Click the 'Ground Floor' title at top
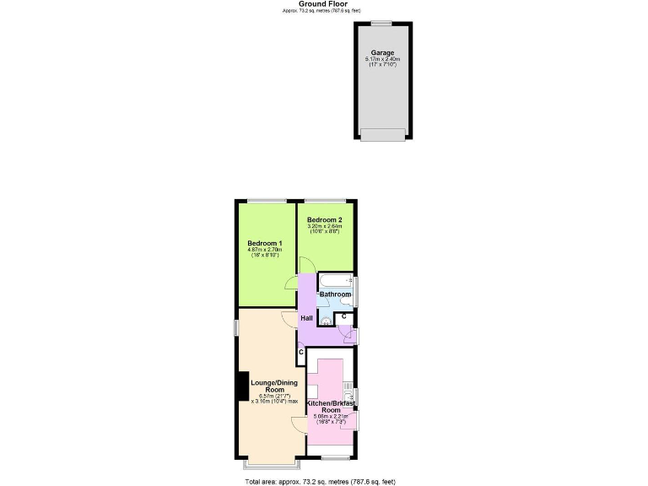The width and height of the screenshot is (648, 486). pos(324,3)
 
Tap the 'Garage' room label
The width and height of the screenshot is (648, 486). pos(382,52)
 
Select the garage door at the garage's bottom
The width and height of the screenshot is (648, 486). pos(382,134)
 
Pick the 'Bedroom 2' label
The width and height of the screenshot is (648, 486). pos(324,219)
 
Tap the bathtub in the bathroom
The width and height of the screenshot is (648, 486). pos(336,280)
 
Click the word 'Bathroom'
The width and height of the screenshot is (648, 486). pos(334,294)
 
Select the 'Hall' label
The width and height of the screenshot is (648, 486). pos(307,318)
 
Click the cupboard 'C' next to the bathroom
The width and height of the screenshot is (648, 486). pos(343,316)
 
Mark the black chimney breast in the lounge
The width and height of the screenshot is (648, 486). pos(242,386)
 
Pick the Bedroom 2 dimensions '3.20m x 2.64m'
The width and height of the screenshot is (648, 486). pos(324,226)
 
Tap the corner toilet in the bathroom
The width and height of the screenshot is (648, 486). pos(326,320)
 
